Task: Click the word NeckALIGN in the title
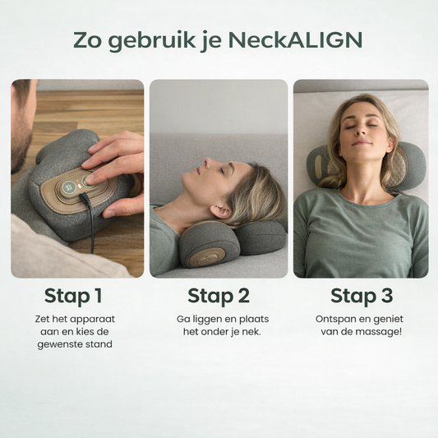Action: pos(295,40)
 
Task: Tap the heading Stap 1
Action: pos(73,296)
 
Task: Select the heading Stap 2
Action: pos(219,296)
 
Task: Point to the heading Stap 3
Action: pos(362,296)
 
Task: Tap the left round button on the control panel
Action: pos(68,187)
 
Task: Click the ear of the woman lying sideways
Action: pos(221,211)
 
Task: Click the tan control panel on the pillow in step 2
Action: pos(207,258)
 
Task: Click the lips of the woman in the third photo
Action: pos(362,143)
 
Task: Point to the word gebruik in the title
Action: pos(152,41)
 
